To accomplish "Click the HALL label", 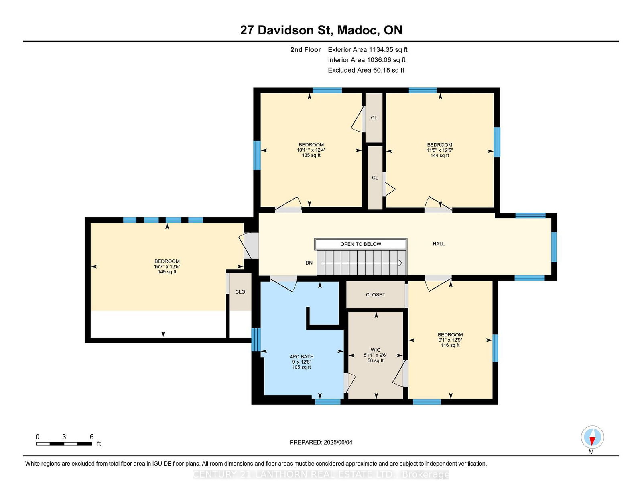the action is [439, 244].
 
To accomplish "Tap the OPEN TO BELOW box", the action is [360, 244].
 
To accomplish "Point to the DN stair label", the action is [309, 263].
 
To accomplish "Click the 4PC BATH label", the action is [301, 356].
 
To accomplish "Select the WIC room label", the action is [376, 350].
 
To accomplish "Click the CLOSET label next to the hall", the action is [375, 295].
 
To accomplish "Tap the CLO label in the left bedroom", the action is [240, 292].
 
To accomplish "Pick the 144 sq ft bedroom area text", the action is [439, 155].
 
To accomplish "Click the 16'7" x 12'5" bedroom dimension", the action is [167, 267].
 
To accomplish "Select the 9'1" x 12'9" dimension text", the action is [450, 340].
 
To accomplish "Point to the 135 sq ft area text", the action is [311, 155].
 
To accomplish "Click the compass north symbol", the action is [592, 437].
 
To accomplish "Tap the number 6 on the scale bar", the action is [91, 437].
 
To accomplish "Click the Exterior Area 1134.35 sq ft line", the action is [368, 50].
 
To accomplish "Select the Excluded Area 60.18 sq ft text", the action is [366, 70].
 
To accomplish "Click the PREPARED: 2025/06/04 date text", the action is [321, 442].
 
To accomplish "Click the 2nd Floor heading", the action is [305, 50].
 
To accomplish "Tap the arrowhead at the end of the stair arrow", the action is [400, 263].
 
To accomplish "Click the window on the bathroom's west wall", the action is [256, 340].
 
